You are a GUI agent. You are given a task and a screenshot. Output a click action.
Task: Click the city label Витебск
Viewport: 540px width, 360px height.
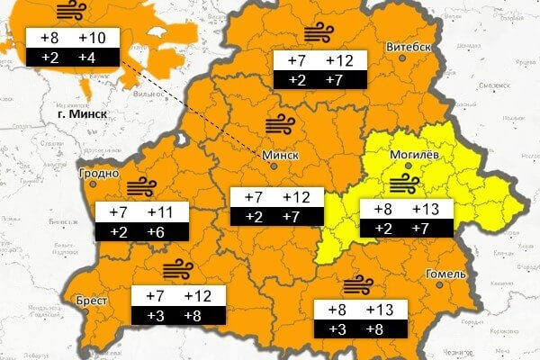click(409, 47)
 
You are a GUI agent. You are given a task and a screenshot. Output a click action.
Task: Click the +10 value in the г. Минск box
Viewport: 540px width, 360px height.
click(92, 39)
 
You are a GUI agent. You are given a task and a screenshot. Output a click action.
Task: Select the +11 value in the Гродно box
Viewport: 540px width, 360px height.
click(159, 212)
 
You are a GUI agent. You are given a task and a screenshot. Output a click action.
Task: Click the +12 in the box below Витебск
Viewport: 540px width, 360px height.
click(338, 61)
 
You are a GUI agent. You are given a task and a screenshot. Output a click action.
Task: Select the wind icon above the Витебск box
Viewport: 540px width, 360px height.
click(317, 34)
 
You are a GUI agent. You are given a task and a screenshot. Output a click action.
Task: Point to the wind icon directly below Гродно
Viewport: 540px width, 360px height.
click(140, 188)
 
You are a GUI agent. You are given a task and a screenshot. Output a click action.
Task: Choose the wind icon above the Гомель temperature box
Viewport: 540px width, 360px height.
click(362, 285)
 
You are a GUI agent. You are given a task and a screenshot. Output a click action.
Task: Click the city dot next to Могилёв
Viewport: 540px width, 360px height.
click(409, 166)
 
